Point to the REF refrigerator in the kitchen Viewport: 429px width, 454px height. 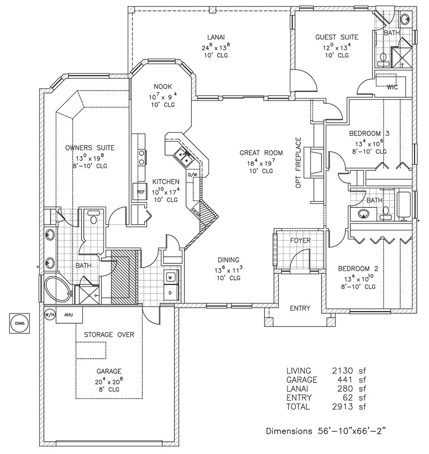click(x=140, y=192)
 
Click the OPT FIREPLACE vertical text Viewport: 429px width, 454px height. click(x=298, y=163)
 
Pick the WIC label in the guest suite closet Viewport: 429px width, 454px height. click(x=392, y=87)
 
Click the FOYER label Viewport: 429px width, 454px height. click(x=300, y=240)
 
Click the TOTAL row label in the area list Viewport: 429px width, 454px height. click(x=298, y=406)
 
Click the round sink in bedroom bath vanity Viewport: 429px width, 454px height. click(x=363, y=214)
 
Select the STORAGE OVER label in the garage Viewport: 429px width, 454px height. click(x=109, y=335)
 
